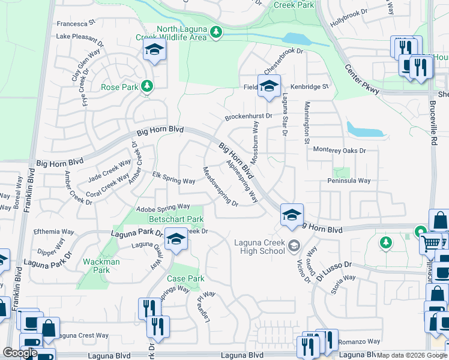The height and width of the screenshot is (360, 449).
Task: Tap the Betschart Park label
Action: tap(176, 220)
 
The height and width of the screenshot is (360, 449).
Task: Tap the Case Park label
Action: tap(185, 278)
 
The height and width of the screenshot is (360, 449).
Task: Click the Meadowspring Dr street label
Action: tap(220, 186)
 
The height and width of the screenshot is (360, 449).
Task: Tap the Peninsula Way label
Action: tap(346, 181)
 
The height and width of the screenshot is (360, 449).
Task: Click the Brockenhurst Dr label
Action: tap(249, 116)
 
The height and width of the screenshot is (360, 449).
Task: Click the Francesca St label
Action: tap(76, 23)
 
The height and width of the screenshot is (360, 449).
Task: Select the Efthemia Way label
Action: tap(55, 231)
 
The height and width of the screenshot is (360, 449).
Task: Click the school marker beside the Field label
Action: tap(269, 86)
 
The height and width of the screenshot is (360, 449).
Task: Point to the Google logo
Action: tap(20, 353)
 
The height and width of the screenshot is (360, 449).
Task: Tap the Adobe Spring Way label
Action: tap(163, 207)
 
